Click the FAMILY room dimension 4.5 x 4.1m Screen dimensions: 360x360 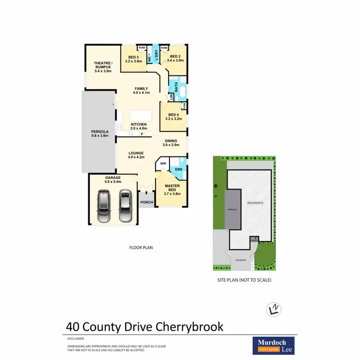pos(141,93)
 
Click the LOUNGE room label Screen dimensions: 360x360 pos(136,153)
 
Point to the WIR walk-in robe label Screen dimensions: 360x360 pos(163,163)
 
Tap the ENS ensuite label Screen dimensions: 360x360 pos(179,169)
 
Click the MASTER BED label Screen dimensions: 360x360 pos(172,188)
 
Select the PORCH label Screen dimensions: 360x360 pos(146,202)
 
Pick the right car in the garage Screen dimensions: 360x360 pos(125,205)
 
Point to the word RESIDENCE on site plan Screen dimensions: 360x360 pos(255,203)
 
